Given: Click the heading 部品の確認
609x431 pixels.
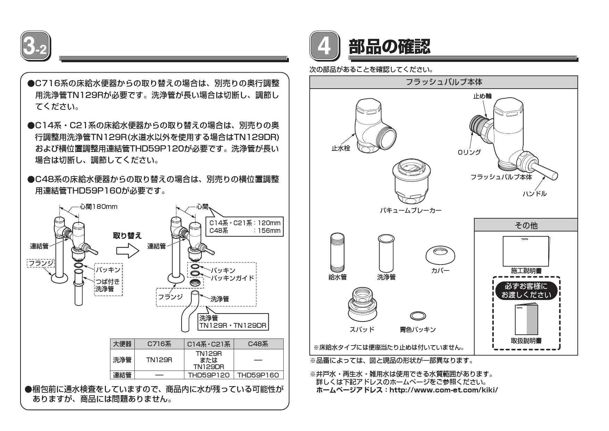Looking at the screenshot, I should (x=389, y=46).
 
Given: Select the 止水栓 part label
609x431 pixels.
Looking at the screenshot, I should (x=341, y=148).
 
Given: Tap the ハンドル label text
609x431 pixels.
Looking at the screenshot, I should (x=534, y=194).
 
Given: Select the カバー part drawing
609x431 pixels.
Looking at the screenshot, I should (x=440, y=255).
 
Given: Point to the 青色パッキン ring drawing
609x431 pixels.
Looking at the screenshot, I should (x=418, y=316).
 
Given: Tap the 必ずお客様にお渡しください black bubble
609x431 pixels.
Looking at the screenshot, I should (x=526, y=291).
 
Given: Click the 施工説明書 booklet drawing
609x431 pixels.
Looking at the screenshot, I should (x=526, y=251).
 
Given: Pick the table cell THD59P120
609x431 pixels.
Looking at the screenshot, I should (x=208, y=375).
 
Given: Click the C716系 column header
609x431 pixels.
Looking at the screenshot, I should (x=159, y=344).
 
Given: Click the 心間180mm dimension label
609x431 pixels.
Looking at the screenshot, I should (x=98, y=206).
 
